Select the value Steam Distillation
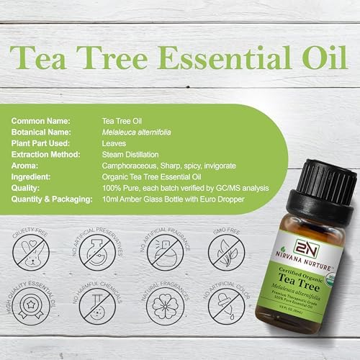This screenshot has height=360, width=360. pos(131,156)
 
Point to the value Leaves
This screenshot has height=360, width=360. pos(114,144)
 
